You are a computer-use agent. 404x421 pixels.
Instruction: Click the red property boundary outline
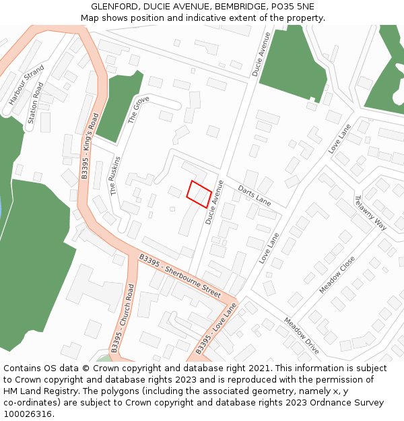(199, 194)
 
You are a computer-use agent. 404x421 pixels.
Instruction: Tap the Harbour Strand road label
(26, 85)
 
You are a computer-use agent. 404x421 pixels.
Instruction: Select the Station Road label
(36, 103)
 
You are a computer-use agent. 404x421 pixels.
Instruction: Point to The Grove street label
(138, 110)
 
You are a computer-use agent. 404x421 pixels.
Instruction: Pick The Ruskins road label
(114, 176)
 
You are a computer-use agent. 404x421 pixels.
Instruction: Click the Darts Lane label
(254, 196)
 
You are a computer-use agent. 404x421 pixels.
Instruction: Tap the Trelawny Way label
(370, 213)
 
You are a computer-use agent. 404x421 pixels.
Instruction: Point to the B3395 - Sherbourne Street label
(180, 277)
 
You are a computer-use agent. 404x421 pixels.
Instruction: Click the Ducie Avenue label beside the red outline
(214, 202)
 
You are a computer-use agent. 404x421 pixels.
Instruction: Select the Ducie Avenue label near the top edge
(261, 54)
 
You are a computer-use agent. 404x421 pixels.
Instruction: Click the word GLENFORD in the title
(112, 7)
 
